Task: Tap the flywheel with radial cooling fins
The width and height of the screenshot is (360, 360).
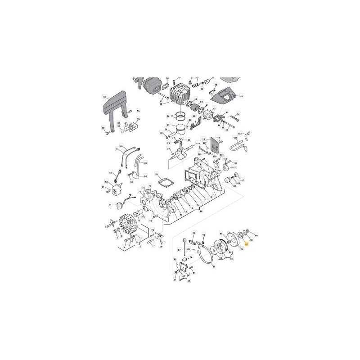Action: (x=128, y=224)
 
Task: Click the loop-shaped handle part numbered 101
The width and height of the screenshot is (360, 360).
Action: (x=237, y=145)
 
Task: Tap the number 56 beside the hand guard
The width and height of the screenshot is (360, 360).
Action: (x=104, y=97)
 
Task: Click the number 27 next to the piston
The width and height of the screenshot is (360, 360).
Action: (x=167, y=126)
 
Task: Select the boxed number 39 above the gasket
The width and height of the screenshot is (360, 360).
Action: (x=156, y=174)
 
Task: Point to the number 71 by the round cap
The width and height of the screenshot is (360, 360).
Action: (x=110, y=205)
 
